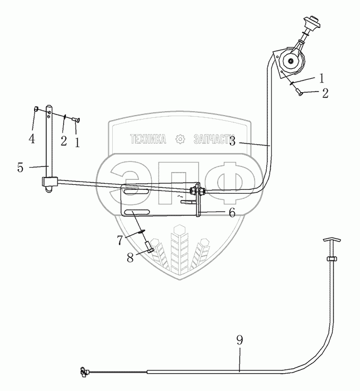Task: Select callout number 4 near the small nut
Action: tap(31, 138)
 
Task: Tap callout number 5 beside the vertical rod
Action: tap(20, 166)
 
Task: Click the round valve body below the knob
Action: tap(291, 60)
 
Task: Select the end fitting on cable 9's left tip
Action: tap(85, 371)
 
